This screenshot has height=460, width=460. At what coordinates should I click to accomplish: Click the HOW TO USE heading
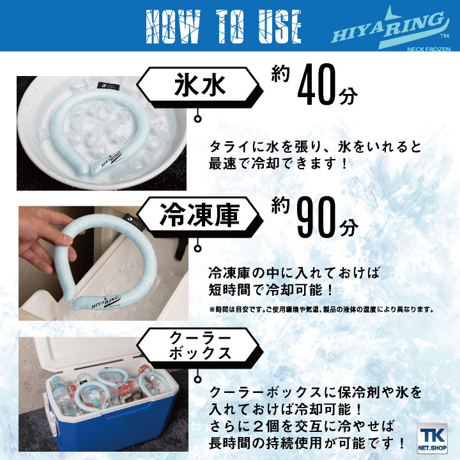pos(224,26)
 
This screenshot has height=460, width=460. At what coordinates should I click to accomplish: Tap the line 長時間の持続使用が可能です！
pos(307,441)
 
